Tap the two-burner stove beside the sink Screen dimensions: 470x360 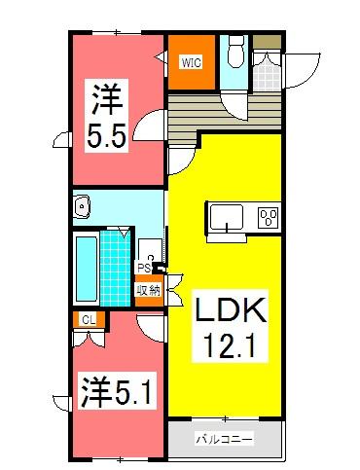tap(268, 218)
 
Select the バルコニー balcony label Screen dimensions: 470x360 tap(225, 439)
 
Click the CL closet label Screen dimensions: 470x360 tap(87, 319)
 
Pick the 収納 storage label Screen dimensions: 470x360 tap(148, 290)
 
